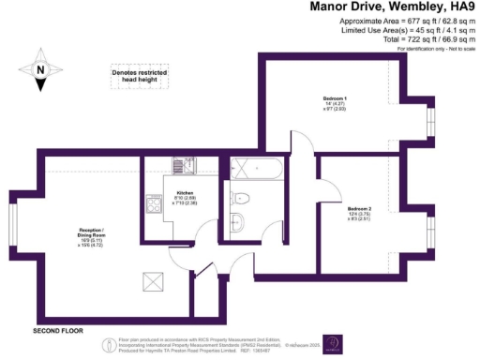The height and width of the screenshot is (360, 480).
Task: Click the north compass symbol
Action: [41, 72]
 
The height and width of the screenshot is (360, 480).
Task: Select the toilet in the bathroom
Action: [241, 197]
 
